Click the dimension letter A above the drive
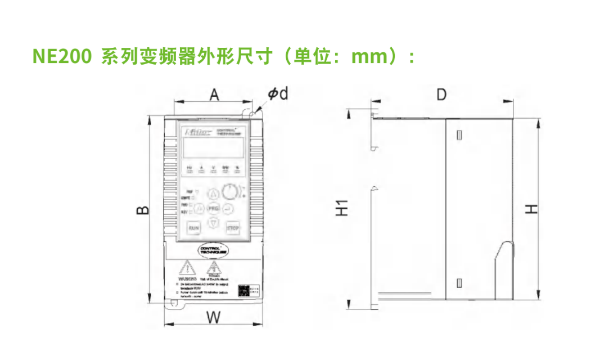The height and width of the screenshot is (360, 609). coord(214,94)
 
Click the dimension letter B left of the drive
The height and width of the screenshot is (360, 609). coord(143,210)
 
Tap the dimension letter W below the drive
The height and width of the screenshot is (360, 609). coord(213,317)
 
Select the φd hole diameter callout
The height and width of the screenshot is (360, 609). coord(277,94)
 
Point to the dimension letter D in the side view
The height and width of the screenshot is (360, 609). coord(441,94)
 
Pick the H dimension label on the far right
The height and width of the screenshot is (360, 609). coord(531,209)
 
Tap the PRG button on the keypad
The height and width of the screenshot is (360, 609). coord(214,209)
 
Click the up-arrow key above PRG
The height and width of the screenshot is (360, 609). coord(214,195)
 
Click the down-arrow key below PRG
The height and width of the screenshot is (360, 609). coord(214,223)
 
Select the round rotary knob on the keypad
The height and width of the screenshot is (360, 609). coord(229,192)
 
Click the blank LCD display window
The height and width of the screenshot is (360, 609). coord(213,148)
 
